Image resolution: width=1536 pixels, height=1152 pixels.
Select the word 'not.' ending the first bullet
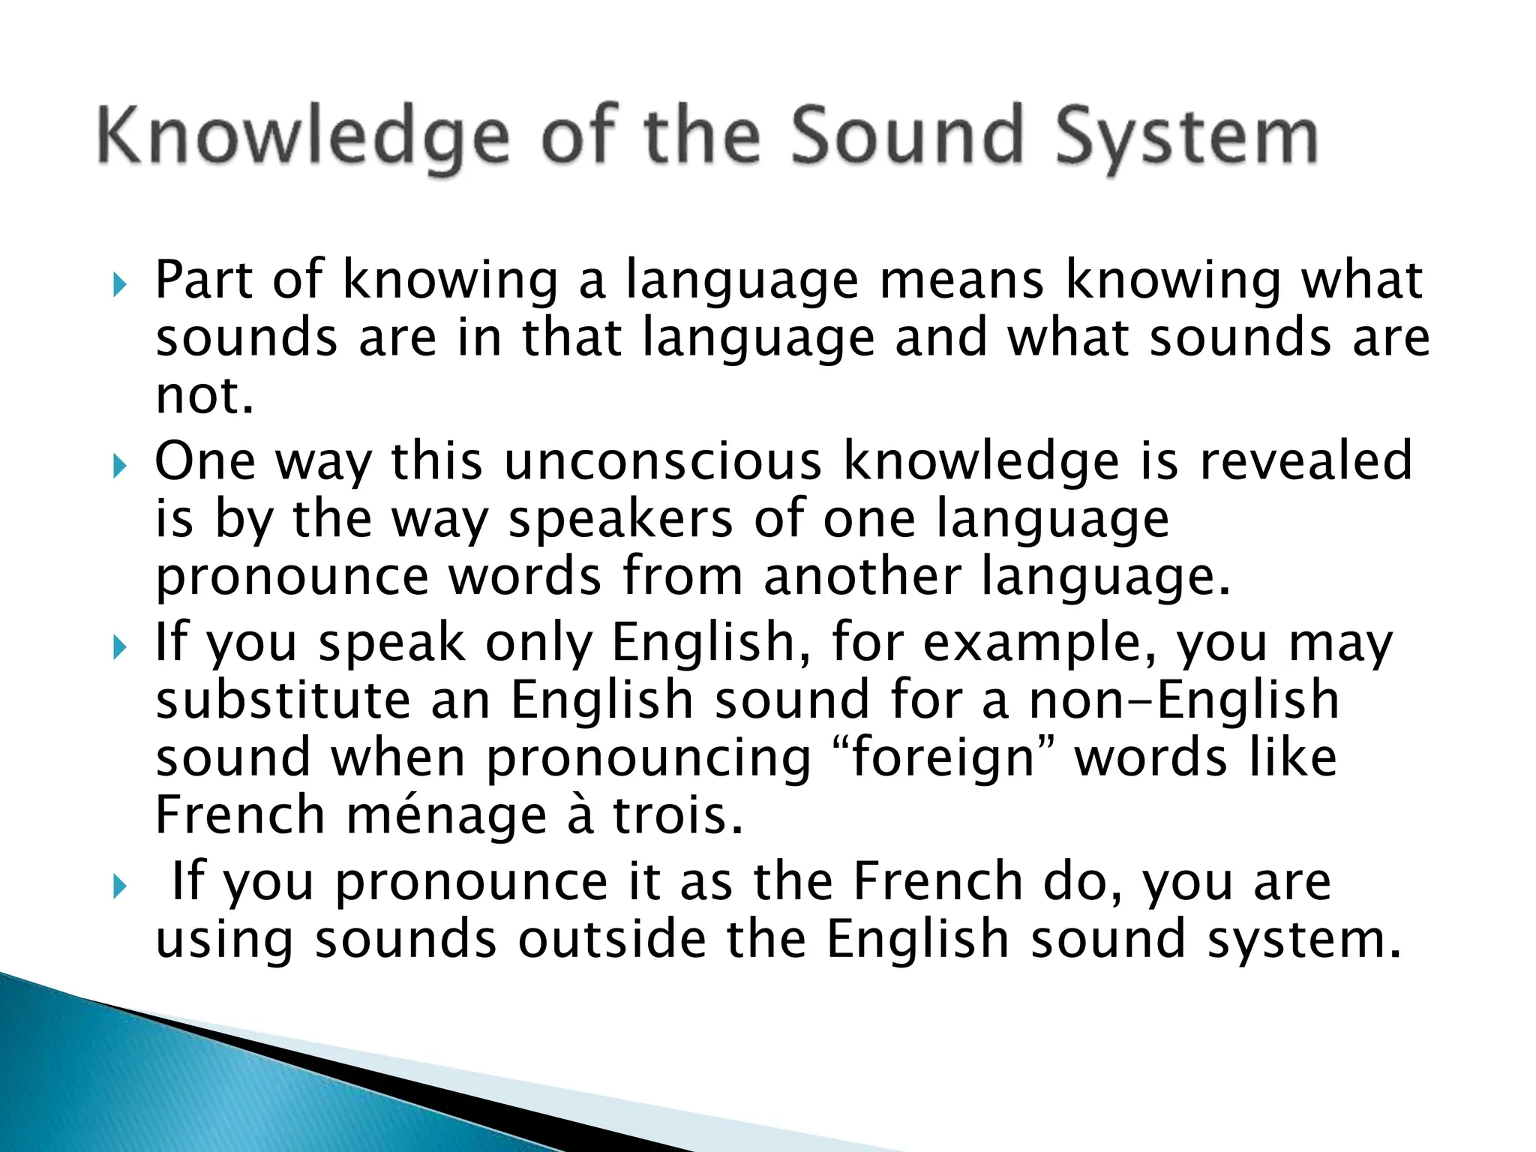[204, 395]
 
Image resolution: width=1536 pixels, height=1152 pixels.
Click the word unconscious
[663, 461]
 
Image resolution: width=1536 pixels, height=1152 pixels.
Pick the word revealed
[1306, 461]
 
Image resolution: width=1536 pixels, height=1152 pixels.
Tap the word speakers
[620, 520]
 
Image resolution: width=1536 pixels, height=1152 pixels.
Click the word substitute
[283, 700]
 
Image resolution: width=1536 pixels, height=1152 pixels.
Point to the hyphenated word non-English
[1183, 700]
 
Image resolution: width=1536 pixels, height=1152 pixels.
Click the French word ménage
[446, 816]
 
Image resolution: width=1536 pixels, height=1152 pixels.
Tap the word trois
[678, 816]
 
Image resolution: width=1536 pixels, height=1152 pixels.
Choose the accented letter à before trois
[580, 816]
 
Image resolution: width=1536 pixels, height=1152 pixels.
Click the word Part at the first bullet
[203, 281]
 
